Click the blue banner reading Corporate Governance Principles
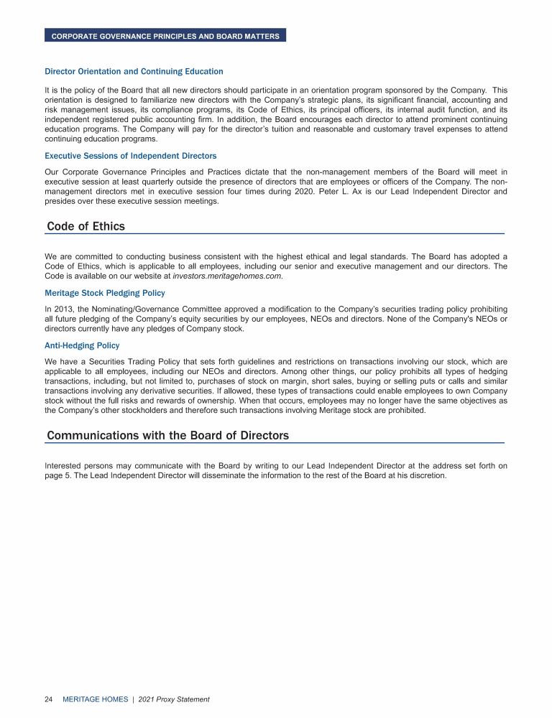165,36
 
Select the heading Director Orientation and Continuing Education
134,72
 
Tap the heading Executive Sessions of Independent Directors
130,156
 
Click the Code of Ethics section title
86,227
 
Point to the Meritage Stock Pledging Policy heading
105,293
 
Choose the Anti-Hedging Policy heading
82,345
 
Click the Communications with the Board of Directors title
167,436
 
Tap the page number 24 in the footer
49,699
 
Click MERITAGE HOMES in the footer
96,699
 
